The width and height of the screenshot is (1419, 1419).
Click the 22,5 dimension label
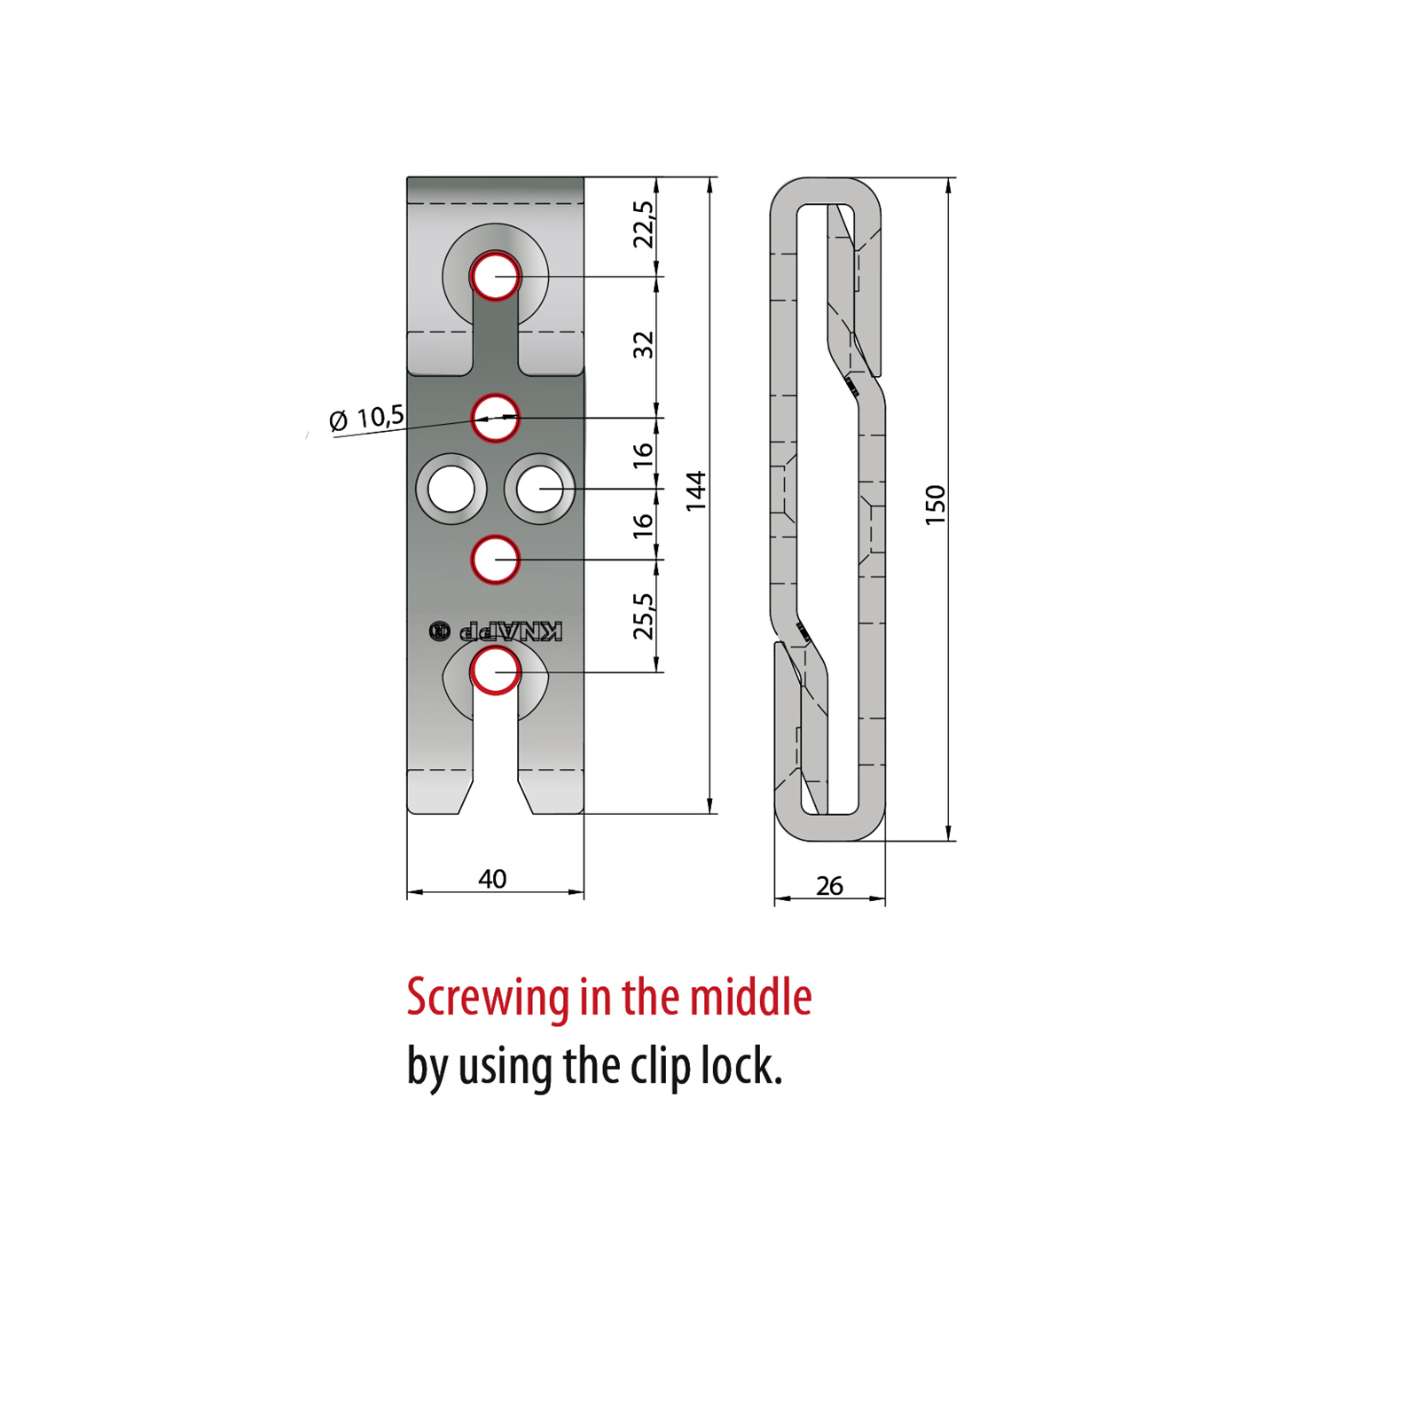pyautogui.click(x=643, y=224)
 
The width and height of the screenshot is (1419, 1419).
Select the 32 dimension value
pyautogui.click(x=643, y=345)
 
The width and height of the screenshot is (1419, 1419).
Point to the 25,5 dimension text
pyautogui.click(x=643, y=615)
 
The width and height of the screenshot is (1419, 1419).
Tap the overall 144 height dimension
pyautogui.click(x=696, y=490)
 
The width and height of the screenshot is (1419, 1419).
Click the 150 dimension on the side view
pyautogui.click(x=936, y=506)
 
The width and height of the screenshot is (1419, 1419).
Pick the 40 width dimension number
pyautogui.click(x=492, y=879)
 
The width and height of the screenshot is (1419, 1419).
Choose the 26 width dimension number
pyautogui.click(x=829, y=886)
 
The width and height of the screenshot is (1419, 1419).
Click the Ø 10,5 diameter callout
pyautogui.click(x=366, y=418)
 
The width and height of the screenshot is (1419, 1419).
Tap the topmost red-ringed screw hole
pyautogui.click(x=495, y=277)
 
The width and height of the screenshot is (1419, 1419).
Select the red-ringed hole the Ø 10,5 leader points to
pyautogui.click(x=495, y=418)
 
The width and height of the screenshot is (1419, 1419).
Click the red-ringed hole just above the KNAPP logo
pyautogui.click(x=495, y=560)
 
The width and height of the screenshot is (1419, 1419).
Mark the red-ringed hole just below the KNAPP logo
pyautogui.click(x=495, y=670)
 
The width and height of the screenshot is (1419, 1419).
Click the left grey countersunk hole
pyautogui.click(x=451, y=489)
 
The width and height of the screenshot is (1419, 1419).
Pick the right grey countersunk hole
pyautogui.click(x=539, y=489)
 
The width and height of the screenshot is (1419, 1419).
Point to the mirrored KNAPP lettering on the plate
pyautogui.click(x=510, y=631)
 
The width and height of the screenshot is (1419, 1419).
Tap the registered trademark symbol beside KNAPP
pyautogui.click(x=439, y=631)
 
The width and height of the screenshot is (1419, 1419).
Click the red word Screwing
pyautogui.click(x=488, y=999)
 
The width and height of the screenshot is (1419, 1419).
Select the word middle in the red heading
pyautogui.click(x=750, y=997)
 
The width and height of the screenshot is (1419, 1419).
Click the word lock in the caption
pyautogui.click(x=741, y=1065)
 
